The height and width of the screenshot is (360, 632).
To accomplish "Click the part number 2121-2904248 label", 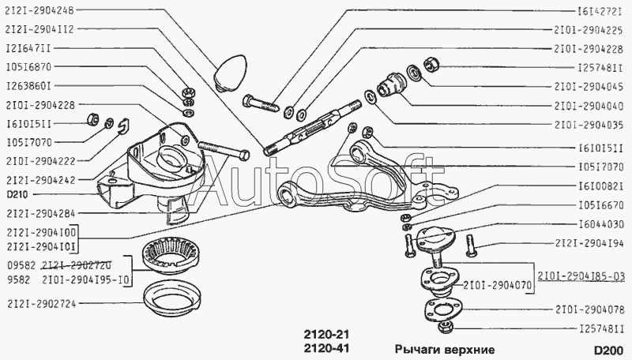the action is (40, 10).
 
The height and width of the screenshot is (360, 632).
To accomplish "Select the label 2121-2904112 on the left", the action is (40, 29).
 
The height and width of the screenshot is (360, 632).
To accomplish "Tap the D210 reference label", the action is (17, 195).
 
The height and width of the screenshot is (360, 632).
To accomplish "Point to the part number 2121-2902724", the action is (41, 304).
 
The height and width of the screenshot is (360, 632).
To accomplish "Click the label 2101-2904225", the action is (589, 29).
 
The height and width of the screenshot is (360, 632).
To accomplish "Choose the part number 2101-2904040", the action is (589, 106).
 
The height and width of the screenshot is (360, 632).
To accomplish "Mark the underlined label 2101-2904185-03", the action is (581, 276).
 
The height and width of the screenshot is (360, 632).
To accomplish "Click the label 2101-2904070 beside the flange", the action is (498, 286).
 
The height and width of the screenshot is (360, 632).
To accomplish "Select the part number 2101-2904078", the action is (590, 309).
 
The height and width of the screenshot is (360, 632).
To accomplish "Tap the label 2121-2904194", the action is (590, 243).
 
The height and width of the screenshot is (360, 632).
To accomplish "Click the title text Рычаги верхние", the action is (444, 349).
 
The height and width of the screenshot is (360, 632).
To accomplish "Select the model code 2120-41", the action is (325, 348).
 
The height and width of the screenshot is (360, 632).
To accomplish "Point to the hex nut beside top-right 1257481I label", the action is (431, 64).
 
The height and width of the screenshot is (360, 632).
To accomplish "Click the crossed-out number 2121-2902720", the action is (77, 266).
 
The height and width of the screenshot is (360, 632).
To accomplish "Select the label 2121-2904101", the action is (41, 246).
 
